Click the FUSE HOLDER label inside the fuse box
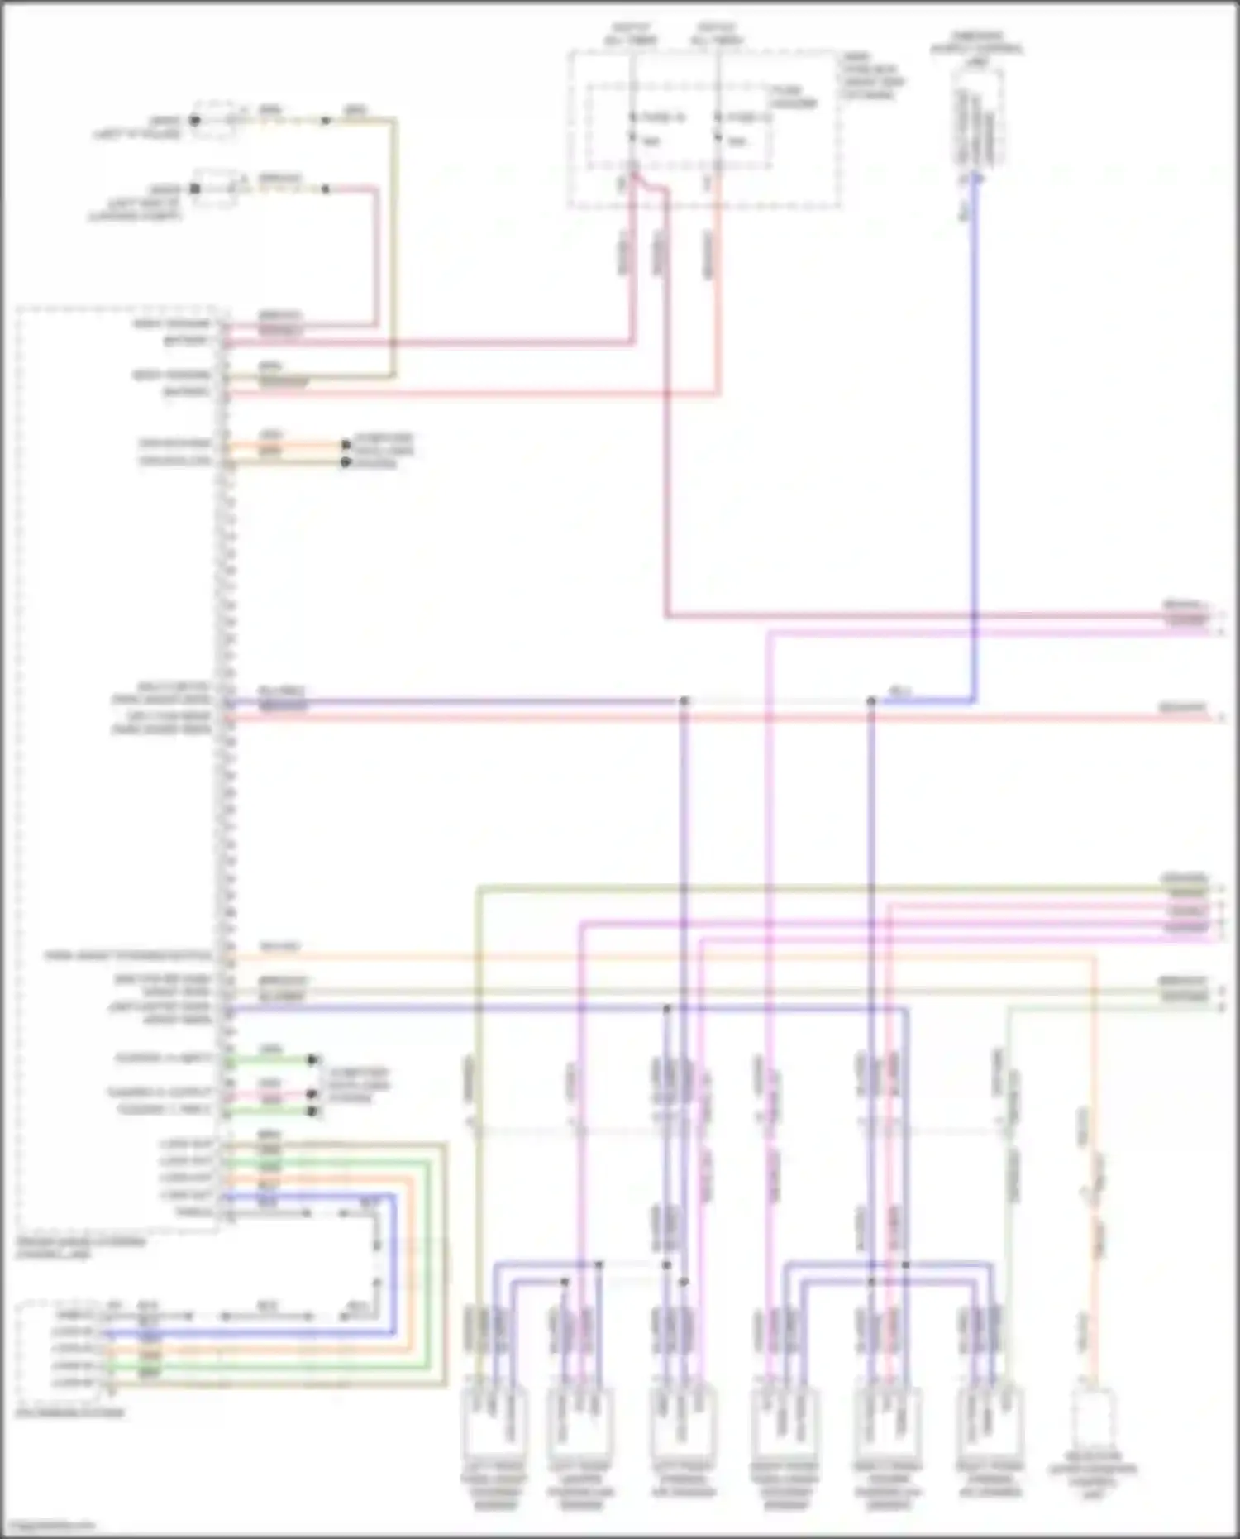[x=792, y=97]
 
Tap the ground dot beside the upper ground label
[x=195, y=121]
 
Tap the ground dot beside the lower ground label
[x=195, y=189]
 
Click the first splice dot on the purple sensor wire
[x=684, y=701]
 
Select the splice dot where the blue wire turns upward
[x=871, y=701]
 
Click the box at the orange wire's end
[x=1093, y=1421]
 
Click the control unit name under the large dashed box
[x=80, y=1247]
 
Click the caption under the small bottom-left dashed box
[x=69, y=1412]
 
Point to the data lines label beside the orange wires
[x=382, y=450]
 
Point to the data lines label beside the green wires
[x=357, y=1084]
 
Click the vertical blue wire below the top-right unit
[x=975, y=413]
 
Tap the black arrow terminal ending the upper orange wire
[x=346, y=445]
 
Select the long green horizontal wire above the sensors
[x=827, y=889]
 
